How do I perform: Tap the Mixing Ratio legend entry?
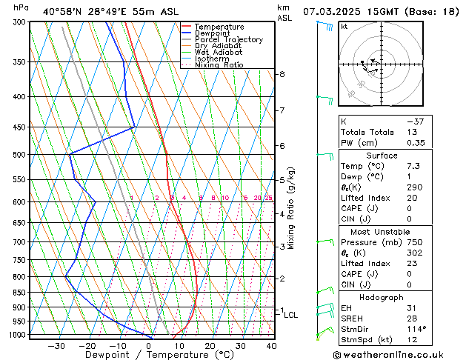[219, 65]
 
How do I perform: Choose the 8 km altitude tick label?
[282, 74]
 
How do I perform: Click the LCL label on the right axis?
[291, 315]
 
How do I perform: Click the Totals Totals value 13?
[411, 132]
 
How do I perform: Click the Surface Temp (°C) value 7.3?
[412, 167]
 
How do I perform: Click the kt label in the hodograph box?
[344, 26]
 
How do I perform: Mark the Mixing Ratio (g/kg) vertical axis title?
[291, 207]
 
